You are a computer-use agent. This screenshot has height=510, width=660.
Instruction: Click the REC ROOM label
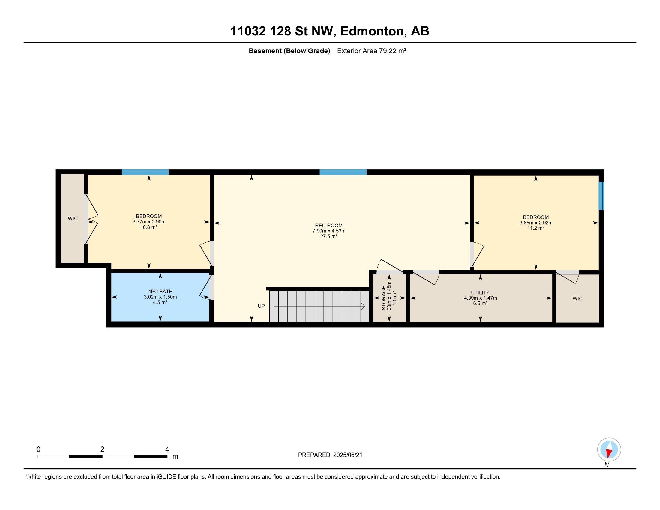click(329, 225)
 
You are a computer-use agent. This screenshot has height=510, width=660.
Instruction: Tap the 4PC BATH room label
click(160, 292)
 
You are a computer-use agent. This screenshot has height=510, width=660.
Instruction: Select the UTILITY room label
click(480, 292)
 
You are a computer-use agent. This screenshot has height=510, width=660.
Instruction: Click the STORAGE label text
click(384, 298)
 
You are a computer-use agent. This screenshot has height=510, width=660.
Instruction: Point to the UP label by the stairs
click(261, 306)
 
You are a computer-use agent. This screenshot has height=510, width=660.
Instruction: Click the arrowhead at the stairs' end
click(363, 306)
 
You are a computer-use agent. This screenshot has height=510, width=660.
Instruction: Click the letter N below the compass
click(607, 465)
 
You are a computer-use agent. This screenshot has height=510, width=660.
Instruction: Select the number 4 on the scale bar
click(167, 449)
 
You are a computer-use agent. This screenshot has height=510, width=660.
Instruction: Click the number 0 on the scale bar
click(38, 449)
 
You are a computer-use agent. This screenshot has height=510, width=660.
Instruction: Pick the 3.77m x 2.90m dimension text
click(149, 222)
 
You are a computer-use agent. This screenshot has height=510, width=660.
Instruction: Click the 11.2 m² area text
click(536, 228)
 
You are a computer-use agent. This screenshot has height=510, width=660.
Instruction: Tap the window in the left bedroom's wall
click(145, 172)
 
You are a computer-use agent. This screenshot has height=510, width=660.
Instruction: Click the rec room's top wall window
click(343, 172)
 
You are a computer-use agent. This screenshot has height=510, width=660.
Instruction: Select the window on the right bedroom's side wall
click(602, 196)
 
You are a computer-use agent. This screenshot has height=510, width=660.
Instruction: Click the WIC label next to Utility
click(577, 298)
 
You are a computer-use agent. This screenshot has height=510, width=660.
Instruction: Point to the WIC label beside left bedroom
click(73, 218)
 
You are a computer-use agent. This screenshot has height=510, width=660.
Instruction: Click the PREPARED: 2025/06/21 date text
click(330, 455)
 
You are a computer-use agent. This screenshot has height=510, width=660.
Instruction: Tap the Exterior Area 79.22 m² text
click(372, 51)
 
